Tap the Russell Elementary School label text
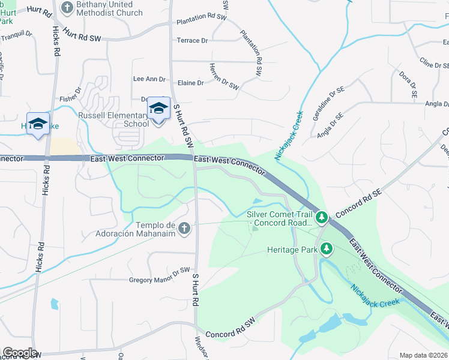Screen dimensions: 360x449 click(x=113, y=119)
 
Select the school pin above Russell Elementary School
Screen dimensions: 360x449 click(x=158, y=109)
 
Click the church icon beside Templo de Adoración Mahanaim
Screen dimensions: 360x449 click(x=184, y=228)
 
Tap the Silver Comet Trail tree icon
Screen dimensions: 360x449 click(x=322, y=217)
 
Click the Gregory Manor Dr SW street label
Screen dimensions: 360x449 click(x=159, y=279)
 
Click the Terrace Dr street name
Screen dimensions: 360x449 click(x=192, y=41)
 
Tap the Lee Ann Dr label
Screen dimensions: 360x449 click(x=149, y=79)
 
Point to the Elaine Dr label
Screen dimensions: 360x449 click(x=191, y=83)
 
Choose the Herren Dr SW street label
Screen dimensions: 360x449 click(x=224, y=77)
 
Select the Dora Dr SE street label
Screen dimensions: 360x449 click(x=406, y=84)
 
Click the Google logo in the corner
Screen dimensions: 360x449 click(x=20, y=353)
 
